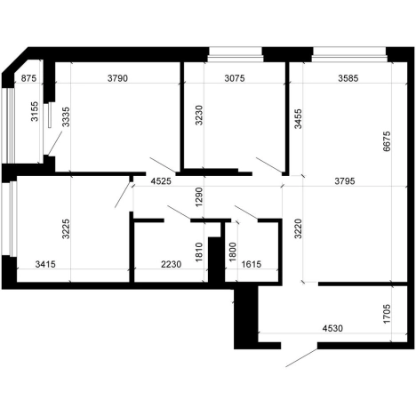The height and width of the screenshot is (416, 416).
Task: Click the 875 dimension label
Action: (29, 78)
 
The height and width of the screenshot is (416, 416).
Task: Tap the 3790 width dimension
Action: (117, 78)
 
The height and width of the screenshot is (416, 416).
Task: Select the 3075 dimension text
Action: (235, 78)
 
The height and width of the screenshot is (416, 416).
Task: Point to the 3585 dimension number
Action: (348, 78)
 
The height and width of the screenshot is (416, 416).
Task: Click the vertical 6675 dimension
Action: (387, 141)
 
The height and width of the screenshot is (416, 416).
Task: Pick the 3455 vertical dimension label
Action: (298, 119)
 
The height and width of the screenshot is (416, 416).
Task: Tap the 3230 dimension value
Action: (199, 115)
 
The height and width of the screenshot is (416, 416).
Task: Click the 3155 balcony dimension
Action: (35, 111)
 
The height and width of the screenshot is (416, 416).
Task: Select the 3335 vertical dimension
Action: (66, 116)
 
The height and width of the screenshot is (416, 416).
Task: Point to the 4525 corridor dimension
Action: (161, 181)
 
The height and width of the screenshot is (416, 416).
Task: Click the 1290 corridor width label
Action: (199, 197)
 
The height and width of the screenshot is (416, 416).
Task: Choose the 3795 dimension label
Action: (345, 180)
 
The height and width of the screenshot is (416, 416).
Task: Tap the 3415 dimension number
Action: (45, 264)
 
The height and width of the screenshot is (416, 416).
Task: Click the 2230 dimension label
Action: (171, 264)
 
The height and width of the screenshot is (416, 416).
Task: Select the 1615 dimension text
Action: (252, 264)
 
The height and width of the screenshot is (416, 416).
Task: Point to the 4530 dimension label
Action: (332, 328)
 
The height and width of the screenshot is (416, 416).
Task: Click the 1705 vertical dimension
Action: (387, 314)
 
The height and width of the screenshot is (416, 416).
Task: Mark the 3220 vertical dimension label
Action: (298, 228)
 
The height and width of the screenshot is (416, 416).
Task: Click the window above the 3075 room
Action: (236, 55)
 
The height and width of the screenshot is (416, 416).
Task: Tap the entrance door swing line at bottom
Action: (301, 358)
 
